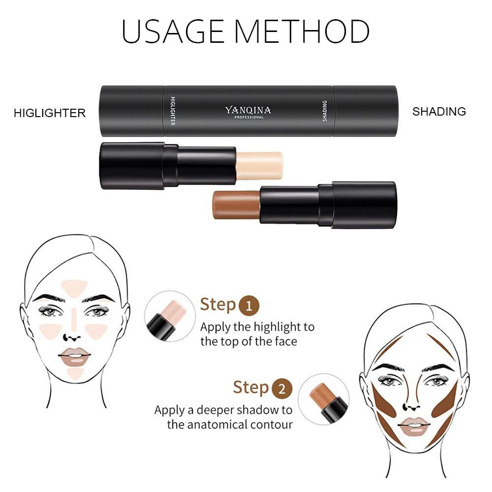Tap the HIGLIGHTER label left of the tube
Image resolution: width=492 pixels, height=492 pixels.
(50, 113)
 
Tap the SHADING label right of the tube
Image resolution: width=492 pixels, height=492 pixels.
(439, 112)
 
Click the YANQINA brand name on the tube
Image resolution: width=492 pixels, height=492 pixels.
(248, 110)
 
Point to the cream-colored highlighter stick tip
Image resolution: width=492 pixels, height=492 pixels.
(260, 165)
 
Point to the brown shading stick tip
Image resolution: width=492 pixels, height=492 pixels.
(235, 205)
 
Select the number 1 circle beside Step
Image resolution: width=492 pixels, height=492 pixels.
(249, 307)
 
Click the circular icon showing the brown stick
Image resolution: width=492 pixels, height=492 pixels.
(323, 399)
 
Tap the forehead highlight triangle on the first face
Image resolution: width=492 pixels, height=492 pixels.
(74, 288)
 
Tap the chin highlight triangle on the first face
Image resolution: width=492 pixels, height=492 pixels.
(75, 373)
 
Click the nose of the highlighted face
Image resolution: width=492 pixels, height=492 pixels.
(72, 337)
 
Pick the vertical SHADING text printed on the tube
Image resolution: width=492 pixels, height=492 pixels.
(324, 110)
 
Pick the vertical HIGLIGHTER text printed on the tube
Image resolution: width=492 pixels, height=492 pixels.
(173, 110)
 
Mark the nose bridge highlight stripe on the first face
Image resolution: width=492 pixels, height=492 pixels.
(74, 318)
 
